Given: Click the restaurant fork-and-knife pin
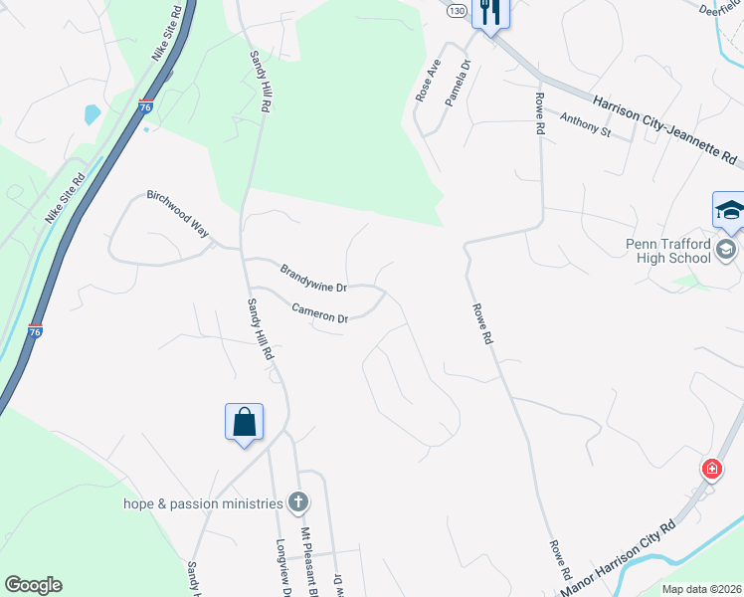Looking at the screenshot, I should pos(490,13).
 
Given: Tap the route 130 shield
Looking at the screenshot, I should pos(456,10).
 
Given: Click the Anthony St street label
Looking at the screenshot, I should pos(584,124).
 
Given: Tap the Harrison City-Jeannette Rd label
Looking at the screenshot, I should pos(665,129).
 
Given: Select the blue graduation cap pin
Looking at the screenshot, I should pos(729,211).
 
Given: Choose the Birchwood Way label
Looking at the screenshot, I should pos(178,212).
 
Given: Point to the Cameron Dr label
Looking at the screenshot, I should pos(319,313).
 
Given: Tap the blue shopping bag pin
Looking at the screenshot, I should pos(244,422).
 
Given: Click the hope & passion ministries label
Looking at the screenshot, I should pos(203,503).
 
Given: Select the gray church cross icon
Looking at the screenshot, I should pos(296,501).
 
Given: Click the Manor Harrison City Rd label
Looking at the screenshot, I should pos(618,559).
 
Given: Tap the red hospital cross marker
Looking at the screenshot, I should pos(711,469).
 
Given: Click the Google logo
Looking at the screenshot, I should pos(33,585).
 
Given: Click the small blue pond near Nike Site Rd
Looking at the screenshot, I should pos(93,114).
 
